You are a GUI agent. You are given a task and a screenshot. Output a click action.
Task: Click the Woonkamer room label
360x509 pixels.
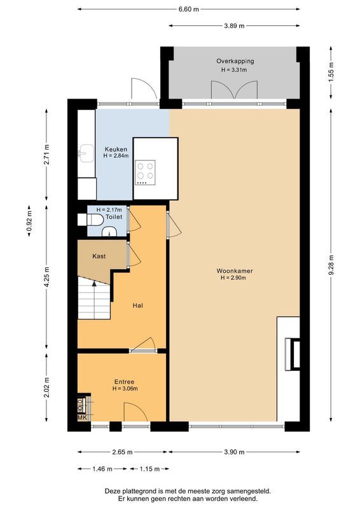point(234,270)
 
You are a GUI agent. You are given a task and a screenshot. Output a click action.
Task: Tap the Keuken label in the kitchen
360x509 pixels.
point(116,149)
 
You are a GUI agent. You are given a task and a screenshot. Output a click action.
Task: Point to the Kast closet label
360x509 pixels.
point(99,256)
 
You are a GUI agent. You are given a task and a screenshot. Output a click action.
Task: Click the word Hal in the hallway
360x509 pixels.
point(137,306)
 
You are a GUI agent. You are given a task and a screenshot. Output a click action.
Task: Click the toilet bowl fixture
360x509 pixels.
point(93,220)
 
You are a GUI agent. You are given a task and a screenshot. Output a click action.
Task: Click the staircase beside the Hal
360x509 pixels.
point(92,302)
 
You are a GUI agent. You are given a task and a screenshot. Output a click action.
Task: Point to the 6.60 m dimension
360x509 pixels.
point(189,10)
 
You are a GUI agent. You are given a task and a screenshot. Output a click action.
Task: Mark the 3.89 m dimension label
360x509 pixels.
point(234,26)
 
